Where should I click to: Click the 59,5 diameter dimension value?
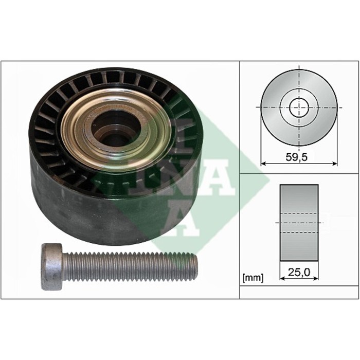pos(296,157)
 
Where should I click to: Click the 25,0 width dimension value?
pos(299,272)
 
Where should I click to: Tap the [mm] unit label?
pos(253,278)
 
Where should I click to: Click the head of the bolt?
pos(52,266)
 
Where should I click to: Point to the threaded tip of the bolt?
pos(194,264)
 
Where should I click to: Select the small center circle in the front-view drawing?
pos(299,107)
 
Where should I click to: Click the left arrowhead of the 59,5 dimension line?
pos(263,164)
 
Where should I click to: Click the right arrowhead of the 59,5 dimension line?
pos(335,164)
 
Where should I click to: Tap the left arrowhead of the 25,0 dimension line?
pos(282,279)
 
